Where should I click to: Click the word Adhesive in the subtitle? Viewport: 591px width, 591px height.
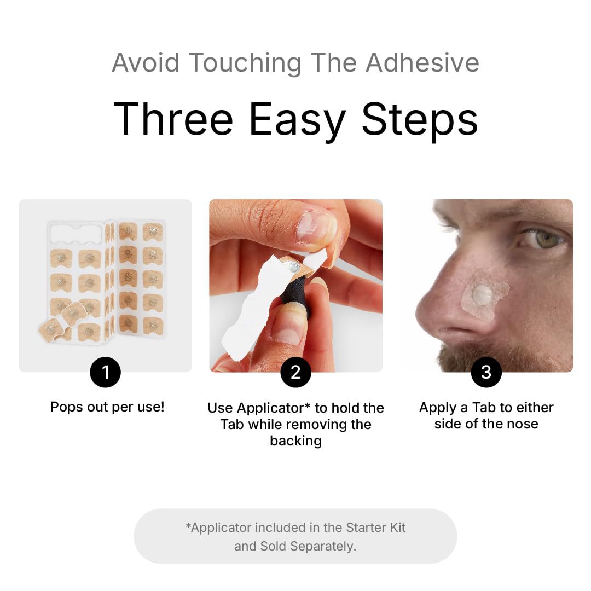click(x=422, y=62)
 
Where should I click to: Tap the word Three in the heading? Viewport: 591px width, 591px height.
click(x=173, y=119)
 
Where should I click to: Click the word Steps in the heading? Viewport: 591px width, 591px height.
click(x=420, y=119)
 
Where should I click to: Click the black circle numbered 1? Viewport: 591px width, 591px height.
click(x=105, y=372)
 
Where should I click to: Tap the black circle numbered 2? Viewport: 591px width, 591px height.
click(x=296, y=372)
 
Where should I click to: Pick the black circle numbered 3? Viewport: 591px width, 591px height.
click(x=486, y=372)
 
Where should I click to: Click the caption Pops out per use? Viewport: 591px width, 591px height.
click(x=107, y=407)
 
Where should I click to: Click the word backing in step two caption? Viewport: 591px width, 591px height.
click(x=296, y=441)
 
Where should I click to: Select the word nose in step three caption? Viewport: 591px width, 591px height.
click(x=522, y=424)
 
